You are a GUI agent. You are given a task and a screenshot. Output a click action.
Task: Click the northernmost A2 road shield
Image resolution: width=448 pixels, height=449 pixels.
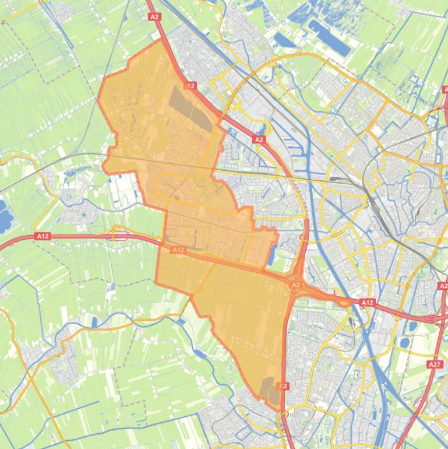point(154,17)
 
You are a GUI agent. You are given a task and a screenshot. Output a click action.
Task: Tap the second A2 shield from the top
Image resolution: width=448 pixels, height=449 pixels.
point(191,86)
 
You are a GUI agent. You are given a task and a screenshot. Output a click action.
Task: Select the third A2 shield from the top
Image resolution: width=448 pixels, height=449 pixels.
point(259,139)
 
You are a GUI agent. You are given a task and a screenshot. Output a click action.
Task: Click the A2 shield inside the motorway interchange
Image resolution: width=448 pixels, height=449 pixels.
point(295,285)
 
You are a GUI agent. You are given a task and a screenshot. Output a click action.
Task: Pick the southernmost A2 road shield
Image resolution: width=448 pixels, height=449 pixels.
point(283,386)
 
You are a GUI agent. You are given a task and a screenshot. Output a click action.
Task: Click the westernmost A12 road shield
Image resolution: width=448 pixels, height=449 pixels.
point(42,236)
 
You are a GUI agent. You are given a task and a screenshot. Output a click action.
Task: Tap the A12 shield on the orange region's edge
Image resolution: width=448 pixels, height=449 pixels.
point(178,250)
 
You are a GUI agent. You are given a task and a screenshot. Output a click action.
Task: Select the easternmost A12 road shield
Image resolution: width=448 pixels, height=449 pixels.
point(367,303)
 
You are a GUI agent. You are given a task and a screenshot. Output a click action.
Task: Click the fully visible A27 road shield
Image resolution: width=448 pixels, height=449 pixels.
point(435,364)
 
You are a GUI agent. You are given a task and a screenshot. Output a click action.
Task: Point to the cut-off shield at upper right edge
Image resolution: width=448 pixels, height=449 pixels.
point(445,90)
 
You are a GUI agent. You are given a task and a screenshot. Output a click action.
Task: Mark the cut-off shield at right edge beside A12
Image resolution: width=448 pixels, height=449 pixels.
point(443,286)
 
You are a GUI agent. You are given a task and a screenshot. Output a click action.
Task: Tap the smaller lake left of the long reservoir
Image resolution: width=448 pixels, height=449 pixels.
point(285,40)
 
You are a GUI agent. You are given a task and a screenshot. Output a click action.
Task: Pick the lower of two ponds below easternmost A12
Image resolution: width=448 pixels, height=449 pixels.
point(404,342)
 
